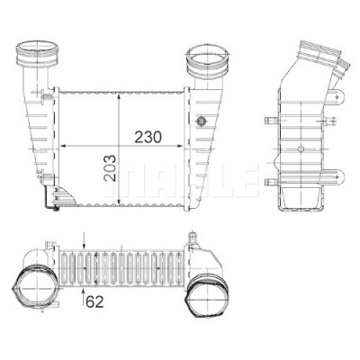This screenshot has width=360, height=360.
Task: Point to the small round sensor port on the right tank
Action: point(200,121)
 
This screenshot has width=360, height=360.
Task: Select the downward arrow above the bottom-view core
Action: point(84,240)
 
